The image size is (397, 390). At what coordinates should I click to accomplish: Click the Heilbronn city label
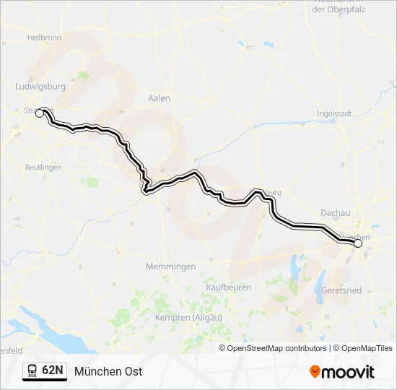(43, 36)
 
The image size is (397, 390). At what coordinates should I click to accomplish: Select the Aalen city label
(158, 98)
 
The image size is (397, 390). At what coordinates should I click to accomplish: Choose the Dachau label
(336, 213)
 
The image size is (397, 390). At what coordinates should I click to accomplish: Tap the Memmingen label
(170, 266)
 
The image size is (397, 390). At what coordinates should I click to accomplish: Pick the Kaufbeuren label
(229, 287)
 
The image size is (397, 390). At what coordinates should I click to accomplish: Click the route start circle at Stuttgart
(40, 112)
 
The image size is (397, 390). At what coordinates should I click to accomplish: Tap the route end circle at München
(358, 243)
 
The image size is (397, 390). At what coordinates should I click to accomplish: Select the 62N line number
(53, 370)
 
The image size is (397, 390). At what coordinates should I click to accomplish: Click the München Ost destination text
(108, 371)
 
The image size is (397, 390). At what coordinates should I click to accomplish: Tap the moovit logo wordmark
(348, 372)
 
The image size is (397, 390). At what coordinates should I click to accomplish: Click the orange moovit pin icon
(315, 372)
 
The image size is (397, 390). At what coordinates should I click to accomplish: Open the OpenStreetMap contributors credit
(276, 348)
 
